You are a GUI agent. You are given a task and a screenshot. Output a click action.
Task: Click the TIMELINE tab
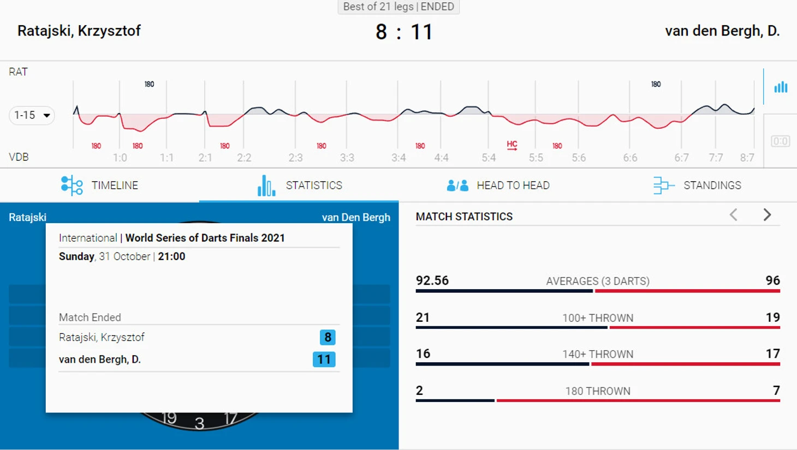99,185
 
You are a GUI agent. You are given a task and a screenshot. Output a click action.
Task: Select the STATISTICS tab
300,185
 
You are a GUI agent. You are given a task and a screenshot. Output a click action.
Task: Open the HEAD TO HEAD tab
498,185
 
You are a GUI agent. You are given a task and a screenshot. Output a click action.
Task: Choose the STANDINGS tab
697,185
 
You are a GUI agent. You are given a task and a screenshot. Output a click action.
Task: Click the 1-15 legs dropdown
32,115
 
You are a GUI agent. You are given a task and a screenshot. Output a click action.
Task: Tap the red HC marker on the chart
511,145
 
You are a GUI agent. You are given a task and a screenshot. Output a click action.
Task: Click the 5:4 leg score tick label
489,158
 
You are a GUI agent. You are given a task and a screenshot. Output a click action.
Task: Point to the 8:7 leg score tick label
747,158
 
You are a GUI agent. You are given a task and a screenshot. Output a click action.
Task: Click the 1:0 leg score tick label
120,158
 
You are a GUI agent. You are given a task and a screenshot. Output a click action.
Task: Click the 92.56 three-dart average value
432,280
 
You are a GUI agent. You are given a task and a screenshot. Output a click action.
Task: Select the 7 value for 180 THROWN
776,391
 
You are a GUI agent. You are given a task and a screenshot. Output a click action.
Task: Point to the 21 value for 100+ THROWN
423,317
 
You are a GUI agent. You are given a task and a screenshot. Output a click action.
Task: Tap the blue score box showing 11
324,359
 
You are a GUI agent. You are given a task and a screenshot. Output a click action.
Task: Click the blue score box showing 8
328,337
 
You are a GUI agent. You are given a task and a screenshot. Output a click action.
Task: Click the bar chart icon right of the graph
781,87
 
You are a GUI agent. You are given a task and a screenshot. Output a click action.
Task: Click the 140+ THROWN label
598,354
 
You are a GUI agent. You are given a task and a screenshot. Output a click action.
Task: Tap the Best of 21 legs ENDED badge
398,7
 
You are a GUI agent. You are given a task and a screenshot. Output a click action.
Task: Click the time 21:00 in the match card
171,256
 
